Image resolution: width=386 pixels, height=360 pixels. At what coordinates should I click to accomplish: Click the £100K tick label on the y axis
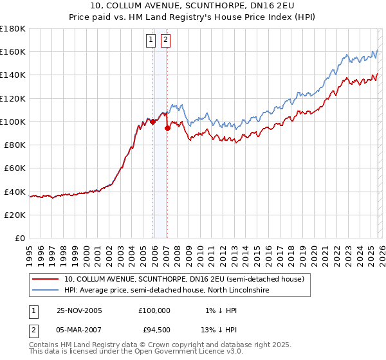(13, 122)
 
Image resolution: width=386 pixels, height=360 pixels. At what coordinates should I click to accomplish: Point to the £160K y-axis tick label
(13, 51)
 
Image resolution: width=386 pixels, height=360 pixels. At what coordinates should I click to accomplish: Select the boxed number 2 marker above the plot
(165, 40)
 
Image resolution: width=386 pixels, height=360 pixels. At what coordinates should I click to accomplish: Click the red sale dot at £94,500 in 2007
(167, 128)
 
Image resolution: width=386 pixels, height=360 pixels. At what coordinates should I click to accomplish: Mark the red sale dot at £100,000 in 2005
(152, 122)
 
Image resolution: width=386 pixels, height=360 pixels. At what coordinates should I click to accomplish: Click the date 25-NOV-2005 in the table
(80, 310)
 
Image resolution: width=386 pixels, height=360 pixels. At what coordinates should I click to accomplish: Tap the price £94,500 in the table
(154, 331)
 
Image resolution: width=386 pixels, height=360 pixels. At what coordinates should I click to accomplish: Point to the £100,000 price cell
(154, 310)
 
